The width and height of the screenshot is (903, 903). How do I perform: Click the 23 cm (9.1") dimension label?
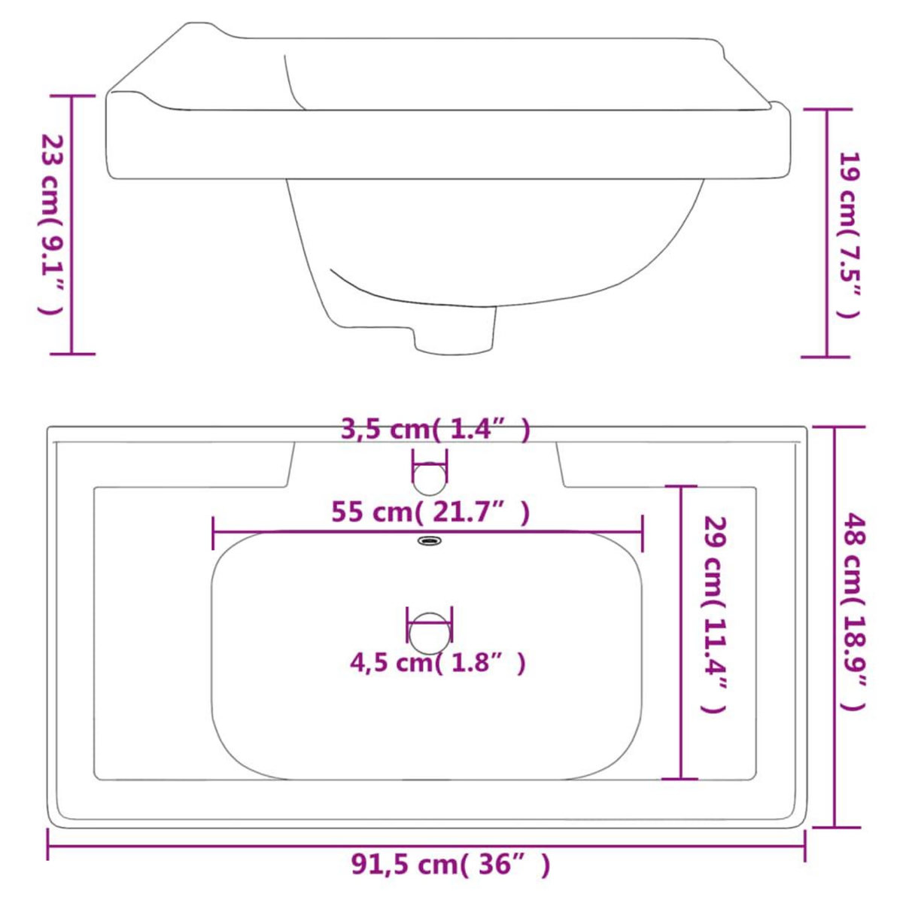[51, 224]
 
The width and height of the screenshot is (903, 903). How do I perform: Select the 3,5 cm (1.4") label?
[436, 430]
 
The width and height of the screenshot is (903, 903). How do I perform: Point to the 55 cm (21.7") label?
[430, 512]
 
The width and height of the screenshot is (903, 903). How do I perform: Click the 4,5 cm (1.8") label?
[437, 663]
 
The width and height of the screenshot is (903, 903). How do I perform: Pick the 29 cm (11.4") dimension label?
[713, 613]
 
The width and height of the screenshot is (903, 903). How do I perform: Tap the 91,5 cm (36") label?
[451, 865]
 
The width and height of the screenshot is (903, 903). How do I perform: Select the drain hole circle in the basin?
[429, 633]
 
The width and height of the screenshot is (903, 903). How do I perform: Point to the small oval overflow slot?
[430, 540]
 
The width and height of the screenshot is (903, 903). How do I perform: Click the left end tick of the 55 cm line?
[214, 533]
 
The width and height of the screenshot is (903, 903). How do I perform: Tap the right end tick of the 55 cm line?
[643, 533]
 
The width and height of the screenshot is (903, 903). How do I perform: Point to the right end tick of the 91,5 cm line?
[805, 845]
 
